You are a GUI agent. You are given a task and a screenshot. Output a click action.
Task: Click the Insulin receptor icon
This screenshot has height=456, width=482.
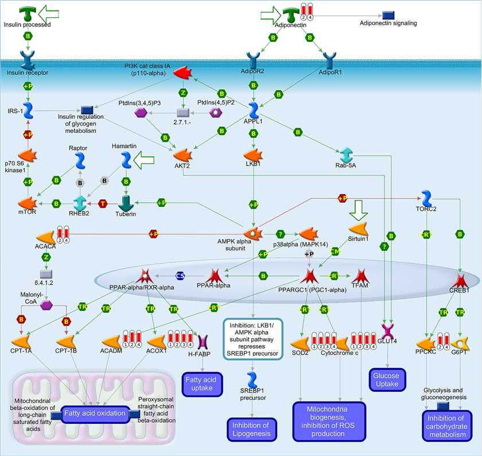click(x=27, y=59)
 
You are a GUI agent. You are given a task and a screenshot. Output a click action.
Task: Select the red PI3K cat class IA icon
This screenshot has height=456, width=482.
click(x=182, y=73)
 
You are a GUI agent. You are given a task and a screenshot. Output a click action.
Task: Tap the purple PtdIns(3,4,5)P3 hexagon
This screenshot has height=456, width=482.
click(x=141, y=114)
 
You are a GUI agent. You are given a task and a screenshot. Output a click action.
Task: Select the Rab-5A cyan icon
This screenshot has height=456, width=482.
click(x=347, y=155)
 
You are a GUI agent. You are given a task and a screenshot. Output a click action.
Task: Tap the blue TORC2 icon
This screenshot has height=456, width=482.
click(x=427, y=199)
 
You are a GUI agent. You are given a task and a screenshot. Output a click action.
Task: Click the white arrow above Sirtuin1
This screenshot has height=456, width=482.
click(x=360, y=210)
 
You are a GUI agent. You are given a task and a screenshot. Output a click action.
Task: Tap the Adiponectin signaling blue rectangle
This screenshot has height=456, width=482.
click(x=388, y=14)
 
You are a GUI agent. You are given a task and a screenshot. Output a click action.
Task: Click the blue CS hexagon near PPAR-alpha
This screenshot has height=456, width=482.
click(x=180, y=276)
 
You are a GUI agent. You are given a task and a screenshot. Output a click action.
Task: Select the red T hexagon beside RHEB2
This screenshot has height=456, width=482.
click(x=103, y=204)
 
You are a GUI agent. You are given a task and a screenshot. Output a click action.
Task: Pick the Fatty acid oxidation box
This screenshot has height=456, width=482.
click(x=95, y=414)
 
